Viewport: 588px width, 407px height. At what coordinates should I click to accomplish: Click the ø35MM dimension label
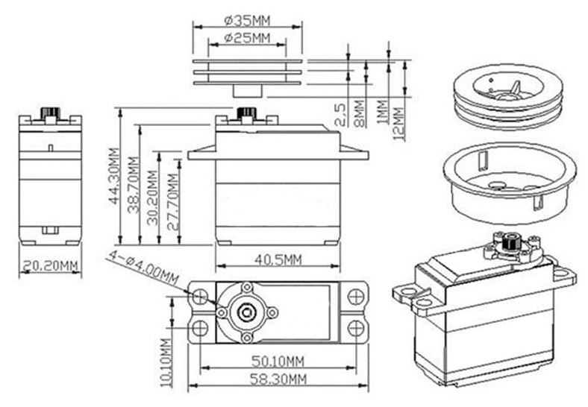pos(248,20)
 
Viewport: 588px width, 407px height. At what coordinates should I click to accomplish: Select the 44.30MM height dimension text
pos(113,176)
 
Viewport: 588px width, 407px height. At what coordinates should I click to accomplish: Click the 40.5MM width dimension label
pos(277,259)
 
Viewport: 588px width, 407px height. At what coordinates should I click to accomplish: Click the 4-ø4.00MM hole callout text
pos(144,268)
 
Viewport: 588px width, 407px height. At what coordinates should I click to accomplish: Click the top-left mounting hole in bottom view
pos(200,297)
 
